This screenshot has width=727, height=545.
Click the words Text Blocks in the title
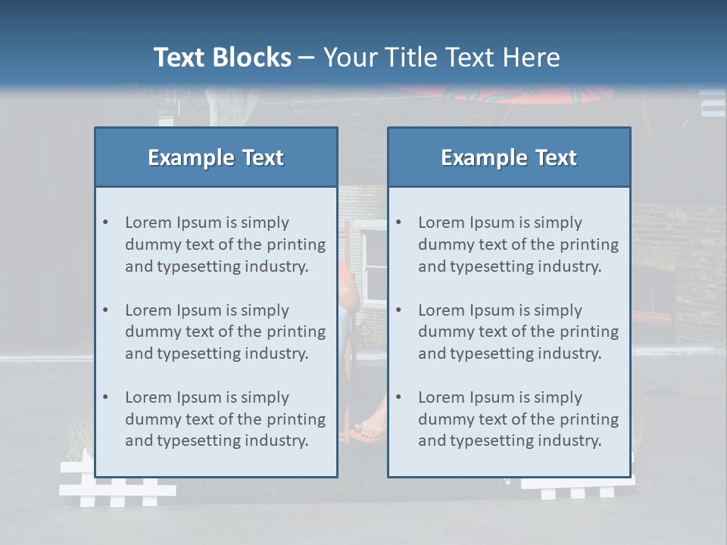[x=222, y=58]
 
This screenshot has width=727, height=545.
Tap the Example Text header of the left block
[x=216, y=157]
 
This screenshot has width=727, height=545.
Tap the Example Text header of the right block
[x=509, y=157]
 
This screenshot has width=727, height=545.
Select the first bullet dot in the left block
[x=105, y=223]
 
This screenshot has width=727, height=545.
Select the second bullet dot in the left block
[x=105, y=310]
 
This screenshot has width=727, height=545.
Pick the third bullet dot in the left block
[x=105, y=397]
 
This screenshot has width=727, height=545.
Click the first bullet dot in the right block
[x=398, y=223]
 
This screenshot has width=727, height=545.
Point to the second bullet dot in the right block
[x=398, y=310]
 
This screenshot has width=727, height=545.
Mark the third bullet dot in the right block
[x=398, y=397]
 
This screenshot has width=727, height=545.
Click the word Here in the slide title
[x=532, y=58]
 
